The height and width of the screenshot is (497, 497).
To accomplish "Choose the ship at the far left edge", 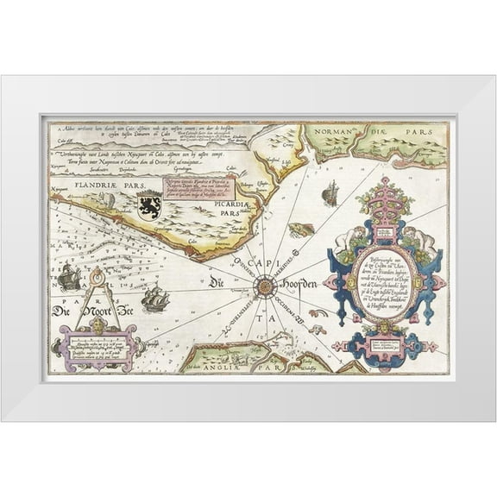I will (x=67, y=279).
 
